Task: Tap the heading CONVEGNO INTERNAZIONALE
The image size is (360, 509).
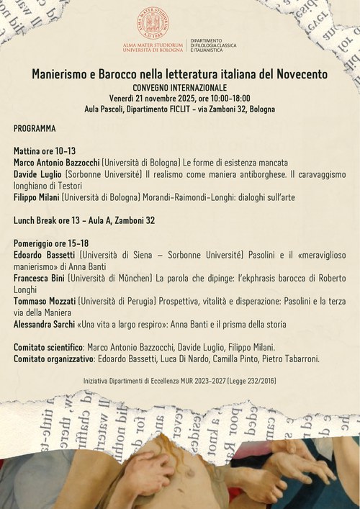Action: [x=180, y=86]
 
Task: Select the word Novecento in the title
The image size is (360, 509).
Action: [x=298, y=73]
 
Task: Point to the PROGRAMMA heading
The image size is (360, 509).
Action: [x=35, y=127]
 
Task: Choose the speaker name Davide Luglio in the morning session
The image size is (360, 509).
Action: [x=39, y=174]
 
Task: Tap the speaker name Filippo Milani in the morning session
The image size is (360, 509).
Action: [x=40, y=197]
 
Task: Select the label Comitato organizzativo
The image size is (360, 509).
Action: [x=53, y=359]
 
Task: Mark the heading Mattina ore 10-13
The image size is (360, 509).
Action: [x=45, y=151]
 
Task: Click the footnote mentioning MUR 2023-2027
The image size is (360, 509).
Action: [x=180, y=379]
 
